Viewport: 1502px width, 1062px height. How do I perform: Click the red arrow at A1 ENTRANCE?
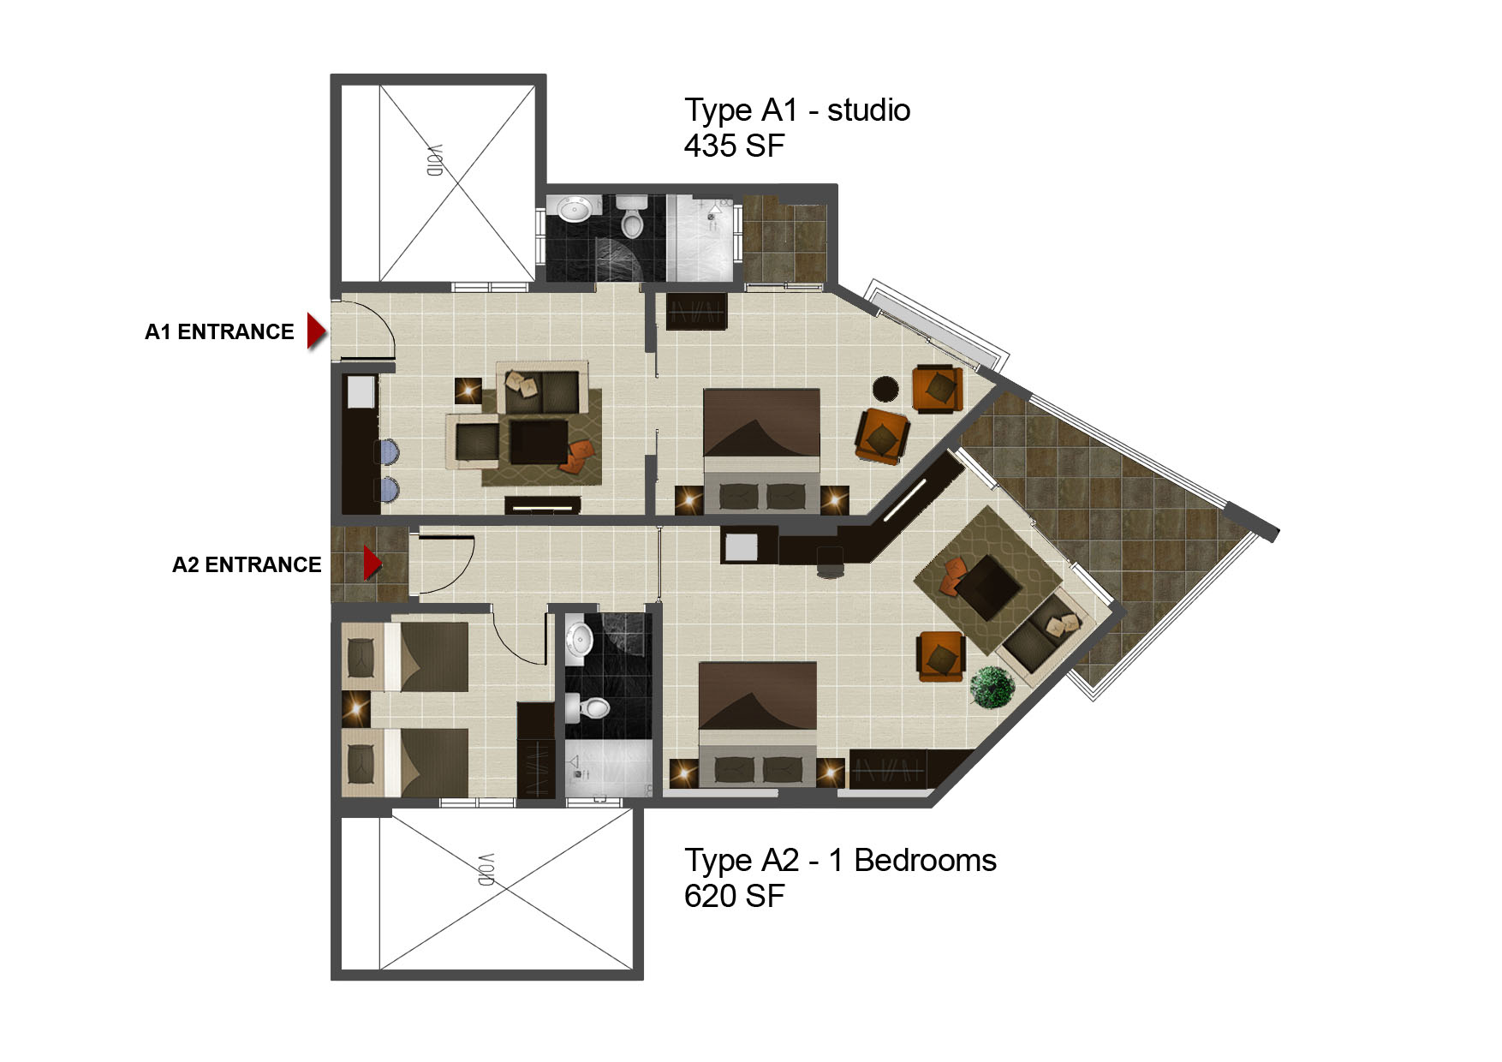[x=317, y=331]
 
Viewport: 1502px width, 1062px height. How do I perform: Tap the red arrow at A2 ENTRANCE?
[x=372, y=564]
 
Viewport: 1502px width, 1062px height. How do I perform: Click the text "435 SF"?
[x=734, y=146]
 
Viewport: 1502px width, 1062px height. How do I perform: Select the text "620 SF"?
[x=734, y=896]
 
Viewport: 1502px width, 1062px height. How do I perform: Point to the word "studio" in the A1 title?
[x=868, y=110]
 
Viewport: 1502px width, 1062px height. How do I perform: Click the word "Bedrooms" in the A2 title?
[x=925, y=860]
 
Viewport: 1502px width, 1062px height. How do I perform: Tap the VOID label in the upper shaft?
[x=435, y=160]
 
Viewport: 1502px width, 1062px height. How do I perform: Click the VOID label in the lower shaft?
[x=486, y=869]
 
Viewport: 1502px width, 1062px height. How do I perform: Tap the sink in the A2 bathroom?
[x=579, y=640]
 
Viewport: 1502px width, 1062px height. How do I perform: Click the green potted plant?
[x=992, y=687]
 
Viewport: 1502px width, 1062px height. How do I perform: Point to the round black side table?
[x=885, y=390]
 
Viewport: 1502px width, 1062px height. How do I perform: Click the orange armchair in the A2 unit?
[x=941, y=657]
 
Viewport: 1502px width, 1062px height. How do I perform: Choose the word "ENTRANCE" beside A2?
[x=263, y=564]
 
